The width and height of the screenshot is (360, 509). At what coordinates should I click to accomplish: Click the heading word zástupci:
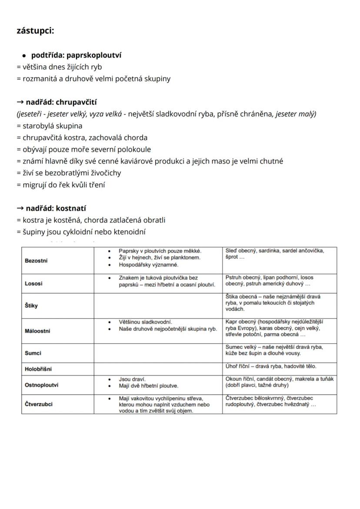click(x=35, y=31)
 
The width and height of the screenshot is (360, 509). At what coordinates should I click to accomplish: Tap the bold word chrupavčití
click(x=76, y=102)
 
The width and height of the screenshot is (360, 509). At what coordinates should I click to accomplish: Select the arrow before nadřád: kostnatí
click(x=20, y=208)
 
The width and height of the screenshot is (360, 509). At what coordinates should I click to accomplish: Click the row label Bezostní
click(x=37, y=261)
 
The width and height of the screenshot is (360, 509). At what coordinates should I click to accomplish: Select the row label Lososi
click(x=33, y=284)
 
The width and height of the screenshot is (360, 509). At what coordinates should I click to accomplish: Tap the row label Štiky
click(x=31, y=305)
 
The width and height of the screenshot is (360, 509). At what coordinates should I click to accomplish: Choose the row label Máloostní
click(x=37, y=331)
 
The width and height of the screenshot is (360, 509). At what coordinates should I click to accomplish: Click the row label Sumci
click(x=33, y=354)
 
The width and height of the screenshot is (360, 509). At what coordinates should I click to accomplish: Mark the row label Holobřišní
click(x=38, y=369)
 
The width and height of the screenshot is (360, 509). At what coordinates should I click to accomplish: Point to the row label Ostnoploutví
click(x=42, y=385)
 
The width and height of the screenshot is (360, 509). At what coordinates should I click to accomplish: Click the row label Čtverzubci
click(x=39, y=404)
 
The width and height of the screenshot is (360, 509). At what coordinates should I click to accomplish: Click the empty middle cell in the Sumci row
click(x=158, y=353)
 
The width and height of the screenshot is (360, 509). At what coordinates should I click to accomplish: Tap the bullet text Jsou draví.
click(x=132, y=379)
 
